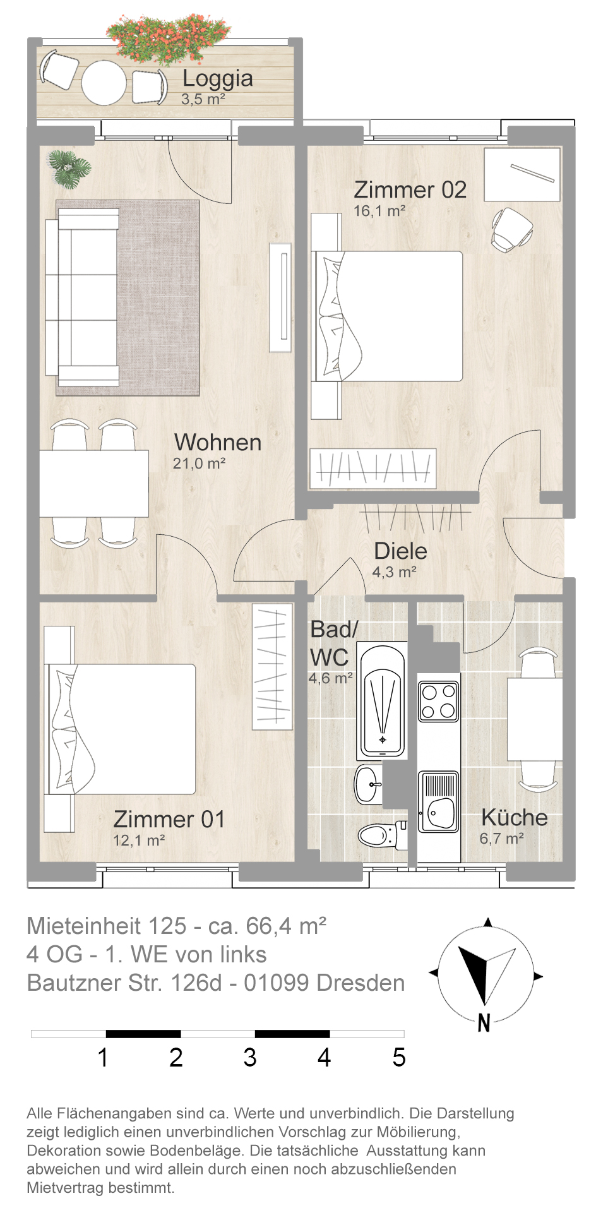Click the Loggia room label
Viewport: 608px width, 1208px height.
click(218, 78)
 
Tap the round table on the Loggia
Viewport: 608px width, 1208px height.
click(104, 83)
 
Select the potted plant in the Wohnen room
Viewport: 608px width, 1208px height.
click(70, 169)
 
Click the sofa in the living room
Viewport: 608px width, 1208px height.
click(82, 297)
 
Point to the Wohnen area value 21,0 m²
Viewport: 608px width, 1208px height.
click(200, 463)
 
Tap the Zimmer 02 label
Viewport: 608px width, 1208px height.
click(410, 189)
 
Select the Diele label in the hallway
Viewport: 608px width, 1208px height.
click(400, 551)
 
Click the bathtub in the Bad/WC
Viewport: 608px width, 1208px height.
click(382, 701)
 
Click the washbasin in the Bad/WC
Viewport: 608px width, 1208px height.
click(369, 784)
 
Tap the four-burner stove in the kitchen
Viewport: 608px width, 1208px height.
click(439, 701)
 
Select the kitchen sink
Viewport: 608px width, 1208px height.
click(439, 801)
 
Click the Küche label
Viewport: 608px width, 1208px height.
click(515, 818)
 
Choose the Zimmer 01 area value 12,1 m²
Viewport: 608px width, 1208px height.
click(139, 840)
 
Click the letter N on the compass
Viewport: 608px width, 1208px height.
click(484, 1023)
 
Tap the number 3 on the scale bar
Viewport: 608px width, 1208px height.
click(250, 1058)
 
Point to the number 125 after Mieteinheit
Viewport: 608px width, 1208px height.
click(167, 926)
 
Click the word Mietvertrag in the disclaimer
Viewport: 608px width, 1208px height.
click(64, 1188)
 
